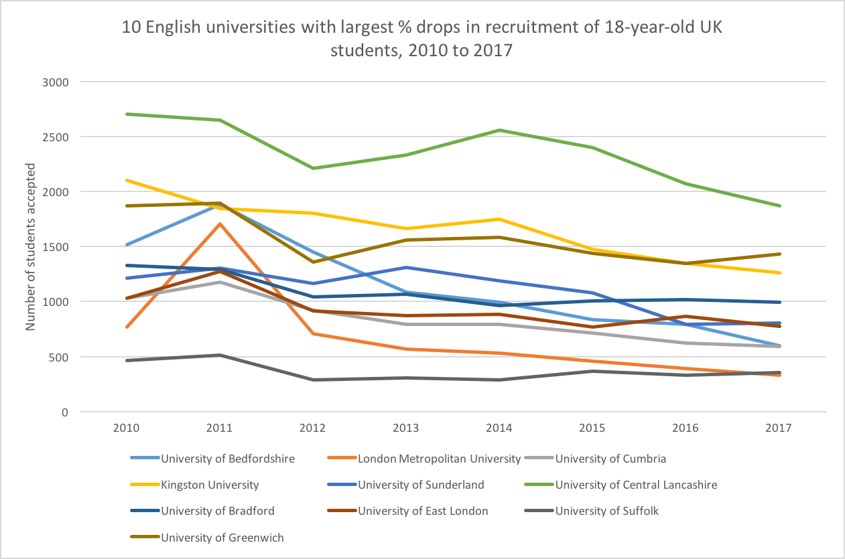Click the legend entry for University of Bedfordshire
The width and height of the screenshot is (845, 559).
229,459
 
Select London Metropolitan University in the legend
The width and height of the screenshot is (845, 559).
439,459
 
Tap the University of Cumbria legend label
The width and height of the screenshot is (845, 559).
610,459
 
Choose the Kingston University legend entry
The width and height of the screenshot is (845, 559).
210,485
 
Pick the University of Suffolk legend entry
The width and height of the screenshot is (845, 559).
607,511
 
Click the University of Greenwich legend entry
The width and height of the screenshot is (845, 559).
222,537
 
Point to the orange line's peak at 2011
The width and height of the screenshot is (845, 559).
220,224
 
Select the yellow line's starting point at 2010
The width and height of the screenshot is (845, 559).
127,180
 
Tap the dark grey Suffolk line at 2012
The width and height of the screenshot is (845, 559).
313,380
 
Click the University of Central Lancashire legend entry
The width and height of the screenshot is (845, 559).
636,485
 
